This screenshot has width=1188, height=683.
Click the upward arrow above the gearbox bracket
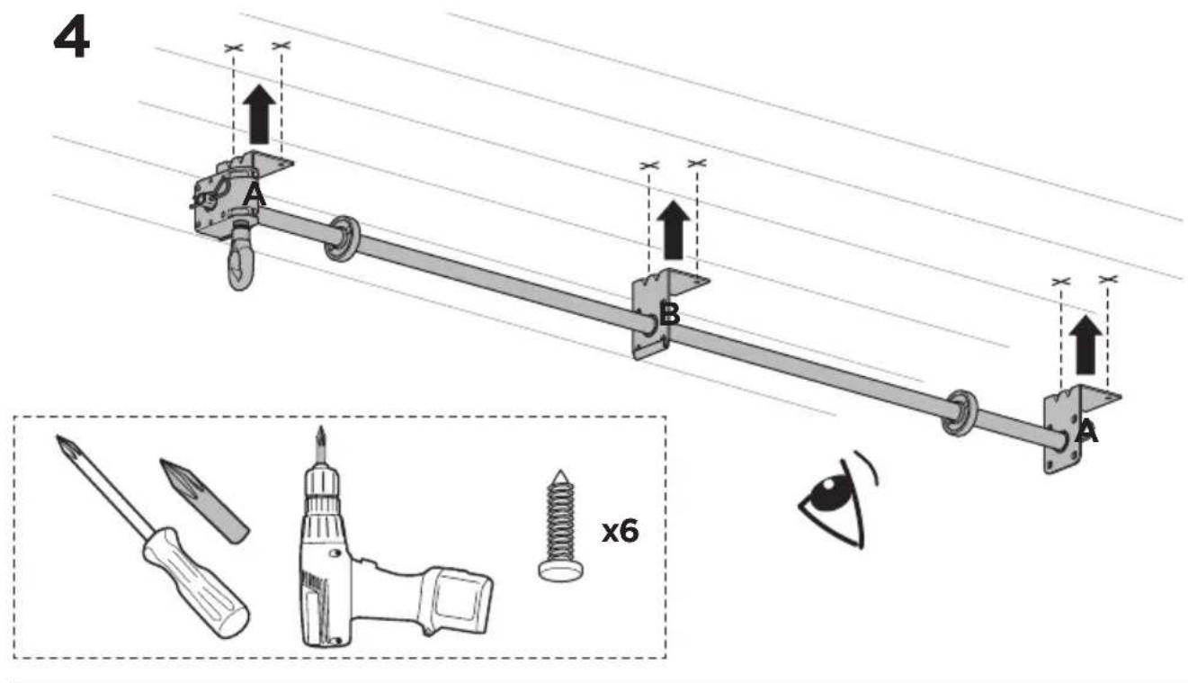click(x=259, y=113)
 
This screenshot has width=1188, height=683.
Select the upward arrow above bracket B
click(x=673, y=229)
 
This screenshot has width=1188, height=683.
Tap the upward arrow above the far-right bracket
click(x=1085, y=345)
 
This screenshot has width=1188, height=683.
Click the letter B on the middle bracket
click(x=669, y=314)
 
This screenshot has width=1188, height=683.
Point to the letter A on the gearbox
click(x=254, y=196)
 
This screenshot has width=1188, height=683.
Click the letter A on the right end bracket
click(x=1086, y=431)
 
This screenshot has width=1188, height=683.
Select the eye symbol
click(x=838, y=499)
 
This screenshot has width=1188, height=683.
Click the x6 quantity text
click(x=620, y=531)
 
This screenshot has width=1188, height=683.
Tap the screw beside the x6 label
click(x=560, y=526)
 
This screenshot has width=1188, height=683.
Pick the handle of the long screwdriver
click(x=195, y=583)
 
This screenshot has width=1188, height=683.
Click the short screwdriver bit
click(x=204, y=501)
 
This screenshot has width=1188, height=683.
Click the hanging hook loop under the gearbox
click(x=240, y=259)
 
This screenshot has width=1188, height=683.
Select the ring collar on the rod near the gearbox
click(x=342, y=238)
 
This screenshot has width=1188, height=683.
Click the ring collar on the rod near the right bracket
click(x=960, y=413)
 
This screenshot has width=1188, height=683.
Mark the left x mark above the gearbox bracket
click(x=233, y=48)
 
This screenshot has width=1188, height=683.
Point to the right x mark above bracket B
click(x=697, y=163)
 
